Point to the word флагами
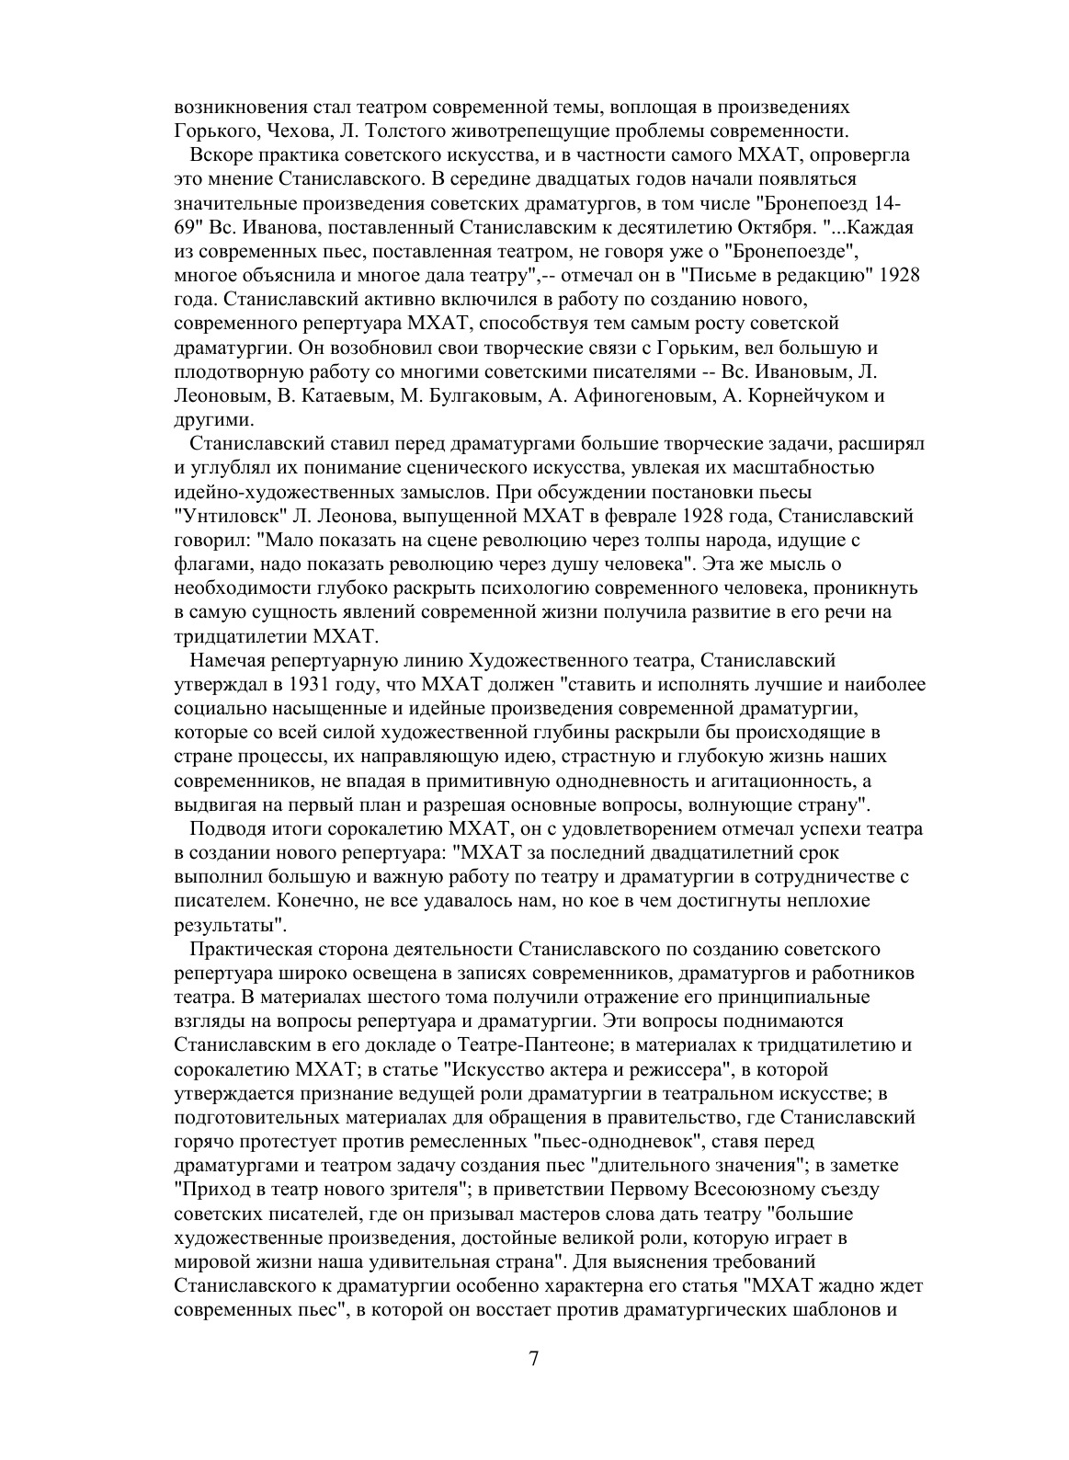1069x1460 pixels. click(x=208, y=564)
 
